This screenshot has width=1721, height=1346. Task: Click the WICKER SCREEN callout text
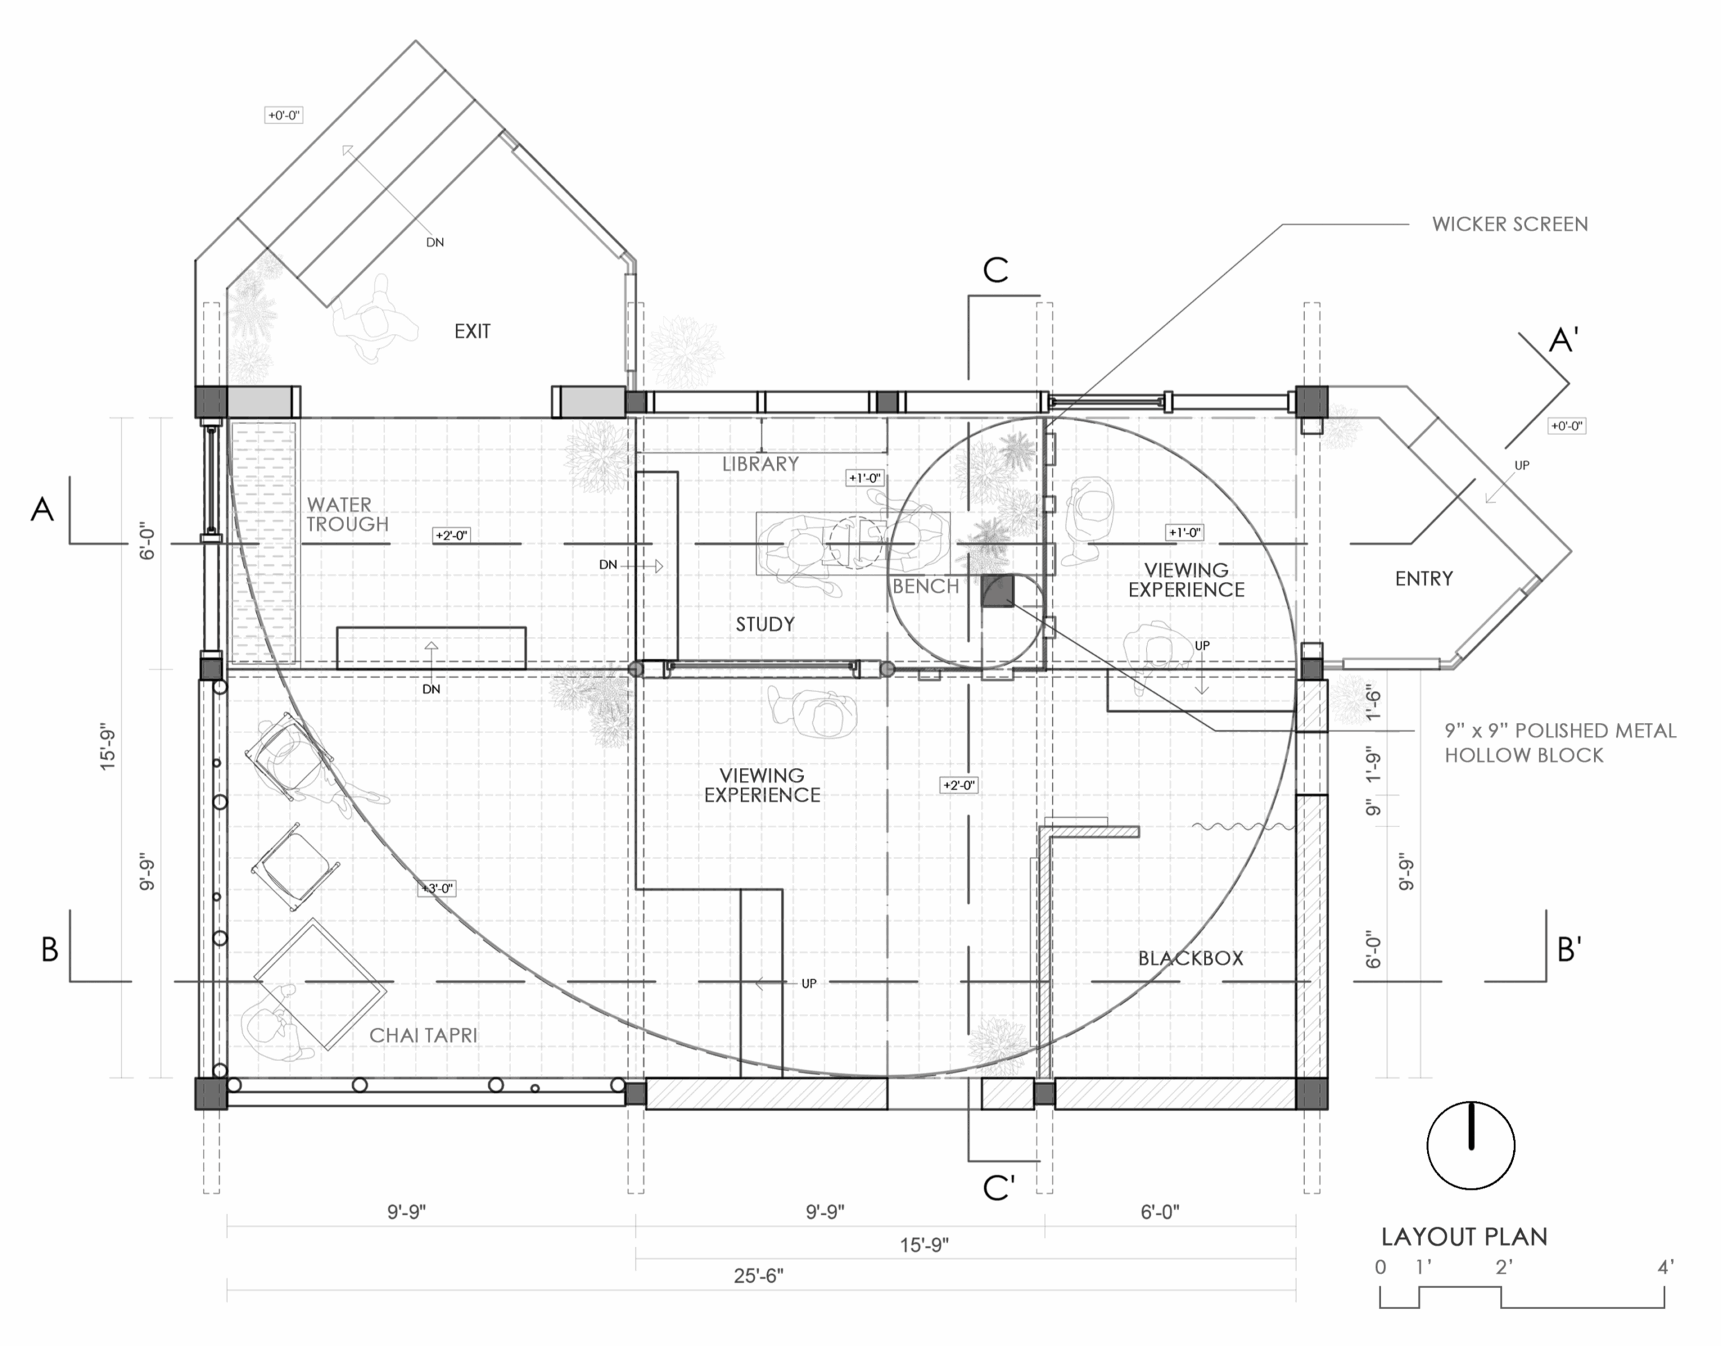(1510, 224)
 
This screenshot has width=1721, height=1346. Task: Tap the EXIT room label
(472, 332)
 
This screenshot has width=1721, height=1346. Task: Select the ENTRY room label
(1424, 579)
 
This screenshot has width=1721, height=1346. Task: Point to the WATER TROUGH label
(348, 515)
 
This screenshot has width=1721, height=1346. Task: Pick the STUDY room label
(765, 625)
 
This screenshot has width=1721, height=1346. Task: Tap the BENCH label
(926, 587)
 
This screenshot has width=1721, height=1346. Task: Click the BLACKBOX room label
(1191, 958)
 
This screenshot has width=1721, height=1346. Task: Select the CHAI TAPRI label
(424, 1036)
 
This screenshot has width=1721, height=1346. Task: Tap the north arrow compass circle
(1471, 1145)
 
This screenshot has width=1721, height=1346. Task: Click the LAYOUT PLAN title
(1464, 1237)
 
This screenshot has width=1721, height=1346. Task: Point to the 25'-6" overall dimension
(758, 1276)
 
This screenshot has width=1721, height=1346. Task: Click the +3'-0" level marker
(438, 889)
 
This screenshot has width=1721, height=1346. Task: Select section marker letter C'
(999, 1187)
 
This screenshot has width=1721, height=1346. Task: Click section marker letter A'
(1564, 341)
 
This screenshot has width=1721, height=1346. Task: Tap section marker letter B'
(1570, 950)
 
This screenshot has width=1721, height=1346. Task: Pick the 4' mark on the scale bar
(1665, 1268)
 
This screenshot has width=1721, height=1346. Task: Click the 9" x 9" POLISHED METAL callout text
(1560, 731)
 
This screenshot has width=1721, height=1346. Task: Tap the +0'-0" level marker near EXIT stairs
(284, 115)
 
